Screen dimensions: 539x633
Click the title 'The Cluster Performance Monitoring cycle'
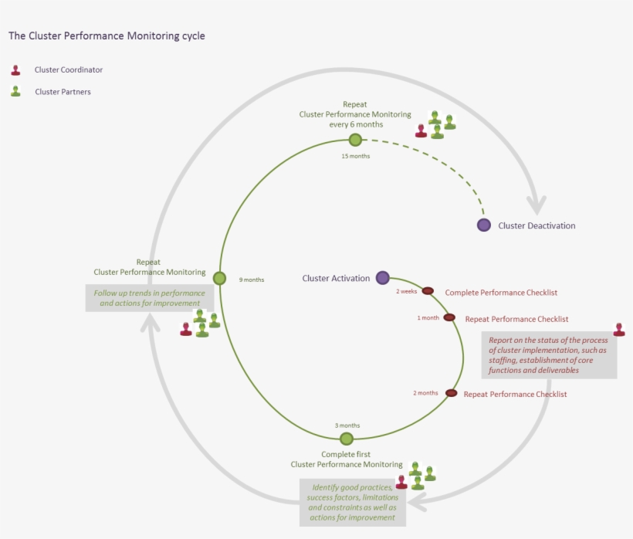[107, 36]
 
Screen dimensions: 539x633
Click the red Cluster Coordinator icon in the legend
[15, 70]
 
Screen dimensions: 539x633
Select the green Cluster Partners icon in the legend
[15, 91]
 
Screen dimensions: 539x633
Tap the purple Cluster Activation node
[382, 278]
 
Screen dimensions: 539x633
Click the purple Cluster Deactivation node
[484, 225]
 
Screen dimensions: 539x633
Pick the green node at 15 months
[355, 140]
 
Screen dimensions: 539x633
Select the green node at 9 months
[219, 278]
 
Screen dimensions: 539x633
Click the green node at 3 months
[347, 439]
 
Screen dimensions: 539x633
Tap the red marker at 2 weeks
[427, 292]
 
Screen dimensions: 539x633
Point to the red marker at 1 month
[449, 317]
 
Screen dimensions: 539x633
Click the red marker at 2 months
[451, 393]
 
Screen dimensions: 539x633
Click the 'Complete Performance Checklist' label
[501, 293]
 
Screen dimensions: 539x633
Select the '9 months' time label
[252, 280]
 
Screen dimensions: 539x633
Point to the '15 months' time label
[355, 156]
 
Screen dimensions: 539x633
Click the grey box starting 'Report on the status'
[549, 355]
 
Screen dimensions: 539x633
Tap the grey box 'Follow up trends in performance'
[149, 298]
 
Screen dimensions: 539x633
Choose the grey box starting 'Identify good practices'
[352, 502]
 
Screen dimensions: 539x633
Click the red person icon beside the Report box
[619, 330]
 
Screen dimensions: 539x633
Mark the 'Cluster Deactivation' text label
[537, 225]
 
